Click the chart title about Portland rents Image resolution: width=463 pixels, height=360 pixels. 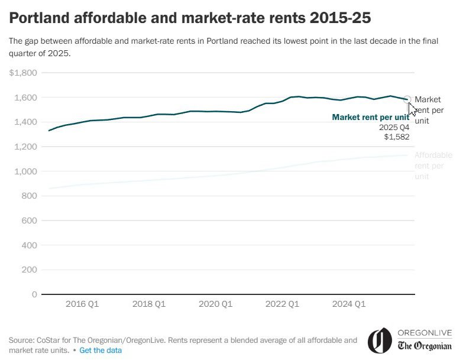(x=190, y=18)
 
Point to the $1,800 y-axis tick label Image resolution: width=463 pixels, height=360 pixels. (x=23, y=73)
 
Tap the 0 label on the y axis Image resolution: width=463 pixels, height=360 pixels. (x=35, y=294)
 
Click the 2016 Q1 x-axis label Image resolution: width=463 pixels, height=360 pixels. (x=82, y=304)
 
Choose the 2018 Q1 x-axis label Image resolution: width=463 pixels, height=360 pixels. (x=149, y=304)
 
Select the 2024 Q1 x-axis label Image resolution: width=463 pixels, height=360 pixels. (x=349, y=304)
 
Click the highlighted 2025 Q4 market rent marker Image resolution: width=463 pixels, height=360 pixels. (x=407, y=99)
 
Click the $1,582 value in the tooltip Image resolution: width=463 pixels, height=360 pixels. (x=397, y=137)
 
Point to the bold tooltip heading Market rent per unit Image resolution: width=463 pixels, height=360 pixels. (x=370, y=117)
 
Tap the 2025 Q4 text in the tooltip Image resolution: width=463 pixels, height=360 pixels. (x=394, y=127)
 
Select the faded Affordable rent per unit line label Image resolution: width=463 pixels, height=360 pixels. (x=433, y=166)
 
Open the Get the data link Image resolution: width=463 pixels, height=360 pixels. (x=101, y=351)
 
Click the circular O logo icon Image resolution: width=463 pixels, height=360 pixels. (x=380, y=340)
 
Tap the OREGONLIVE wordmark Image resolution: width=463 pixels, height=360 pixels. (x=425, y=333)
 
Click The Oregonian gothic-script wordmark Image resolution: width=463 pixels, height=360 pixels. (x=425, y=346)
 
